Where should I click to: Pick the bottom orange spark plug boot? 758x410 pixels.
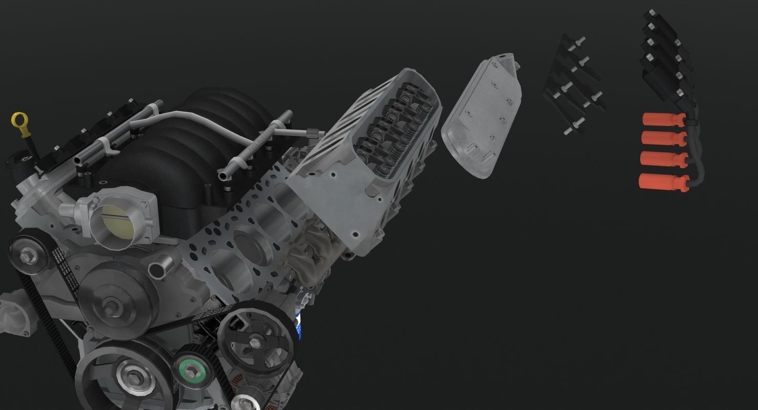661,181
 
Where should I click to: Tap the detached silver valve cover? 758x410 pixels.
481,118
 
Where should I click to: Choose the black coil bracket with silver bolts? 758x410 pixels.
573,85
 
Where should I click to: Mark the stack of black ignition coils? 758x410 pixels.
666,56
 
